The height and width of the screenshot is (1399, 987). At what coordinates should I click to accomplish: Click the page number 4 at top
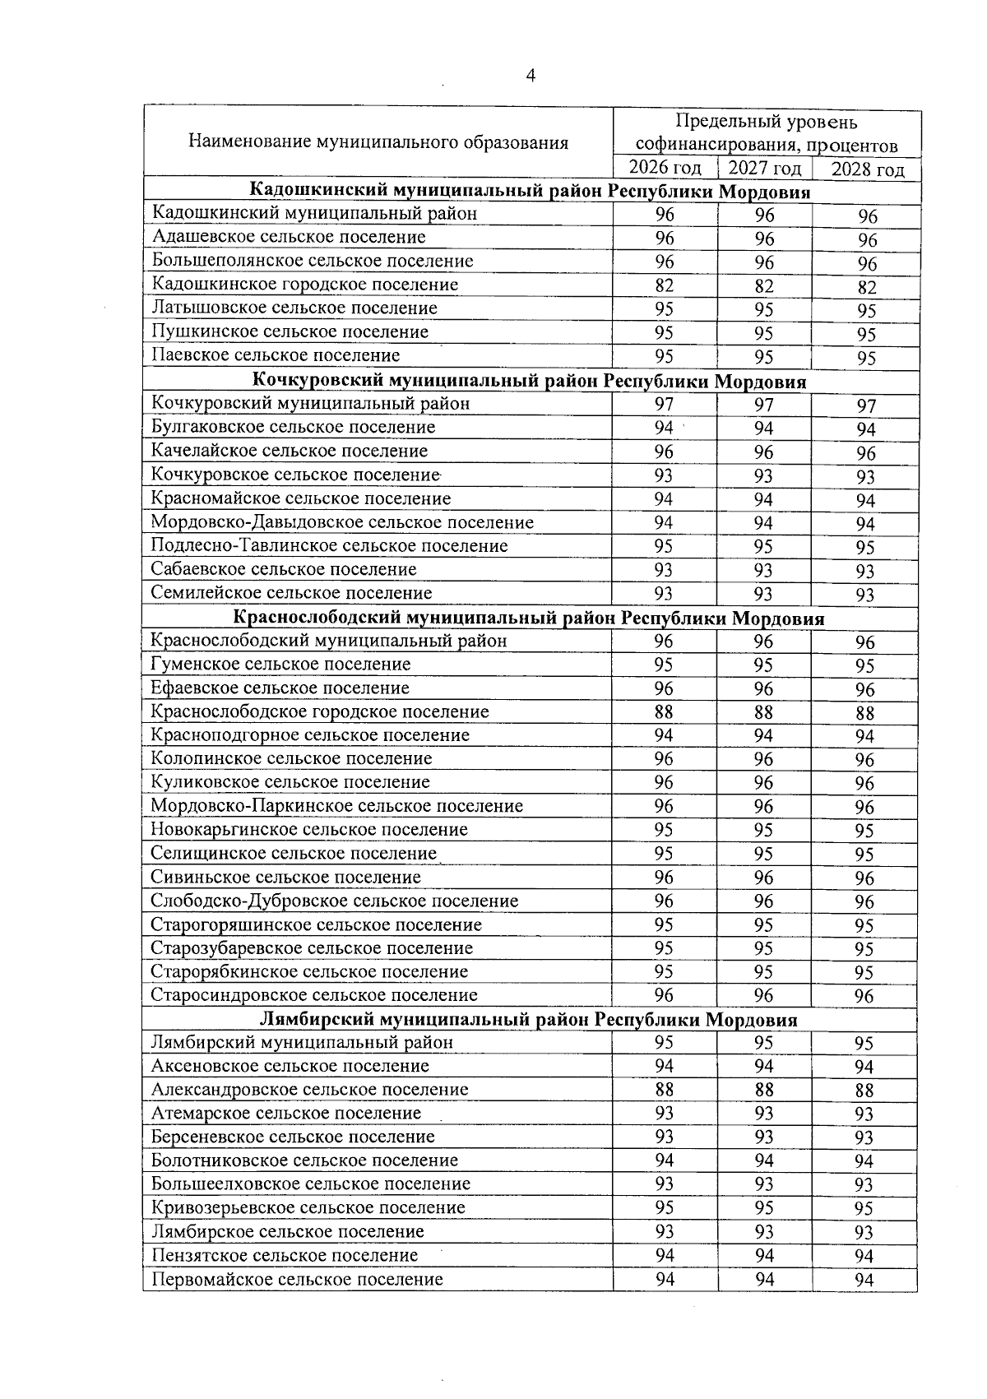(531, 76)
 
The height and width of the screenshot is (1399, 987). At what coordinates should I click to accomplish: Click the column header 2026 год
(665, 168)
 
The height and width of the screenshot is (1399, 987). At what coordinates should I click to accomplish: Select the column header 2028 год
(867, 170)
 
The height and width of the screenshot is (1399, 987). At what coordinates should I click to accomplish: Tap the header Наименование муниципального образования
(378, 142)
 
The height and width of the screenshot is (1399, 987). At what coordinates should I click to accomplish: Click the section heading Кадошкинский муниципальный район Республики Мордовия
(531, 192)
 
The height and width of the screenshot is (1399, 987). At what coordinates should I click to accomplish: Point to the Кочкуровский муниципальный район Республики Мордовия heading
(531, 382)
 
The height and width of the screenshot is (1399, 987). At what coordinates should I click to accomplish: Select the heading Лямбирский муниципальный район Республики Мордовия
(529, 1020)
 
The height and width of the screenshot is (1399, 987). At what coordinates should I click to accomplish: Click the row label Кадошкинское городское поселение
(305, 285)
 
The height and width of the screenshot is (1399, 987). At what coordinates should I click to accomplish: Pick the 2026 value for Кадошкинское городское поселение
(665, 285)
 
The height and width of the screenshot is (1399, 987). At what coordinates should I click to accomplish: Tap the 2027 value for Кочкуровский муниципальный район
(764, 405)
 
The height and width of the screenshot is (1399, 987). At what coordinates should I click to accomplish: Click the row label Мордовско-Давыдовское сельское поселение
(342, 522)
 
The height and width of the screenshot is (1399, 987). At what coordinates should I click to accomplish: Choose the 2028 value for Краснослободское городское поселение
(864, 713)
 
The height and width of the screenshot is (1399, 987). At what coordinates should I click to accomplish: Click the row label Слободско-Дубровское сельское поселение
(335, 901)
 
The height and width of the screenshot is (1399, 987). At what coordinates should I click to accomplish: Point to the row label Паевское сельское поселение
(276, 355)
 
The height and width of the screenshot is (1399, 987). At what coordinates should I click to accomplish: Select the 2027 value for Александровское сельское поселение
(764, 1090)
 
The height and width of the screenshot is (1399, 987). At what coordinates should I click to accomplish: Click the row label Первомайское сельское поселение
(297, 1279)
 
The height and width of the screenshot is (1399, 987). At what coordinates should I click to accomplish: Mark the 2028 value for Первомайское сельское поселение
(864, 1280)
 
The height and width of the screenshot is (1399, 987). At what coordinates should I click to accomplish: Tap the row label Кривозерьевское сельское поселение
(308, 1207)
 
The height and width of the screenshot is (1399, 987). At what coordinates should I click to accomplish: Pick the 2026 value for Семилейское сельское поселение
(664, 593)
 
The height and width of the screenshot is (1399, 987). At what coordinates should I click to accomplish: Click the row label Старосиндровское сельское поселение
(314, 995)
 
